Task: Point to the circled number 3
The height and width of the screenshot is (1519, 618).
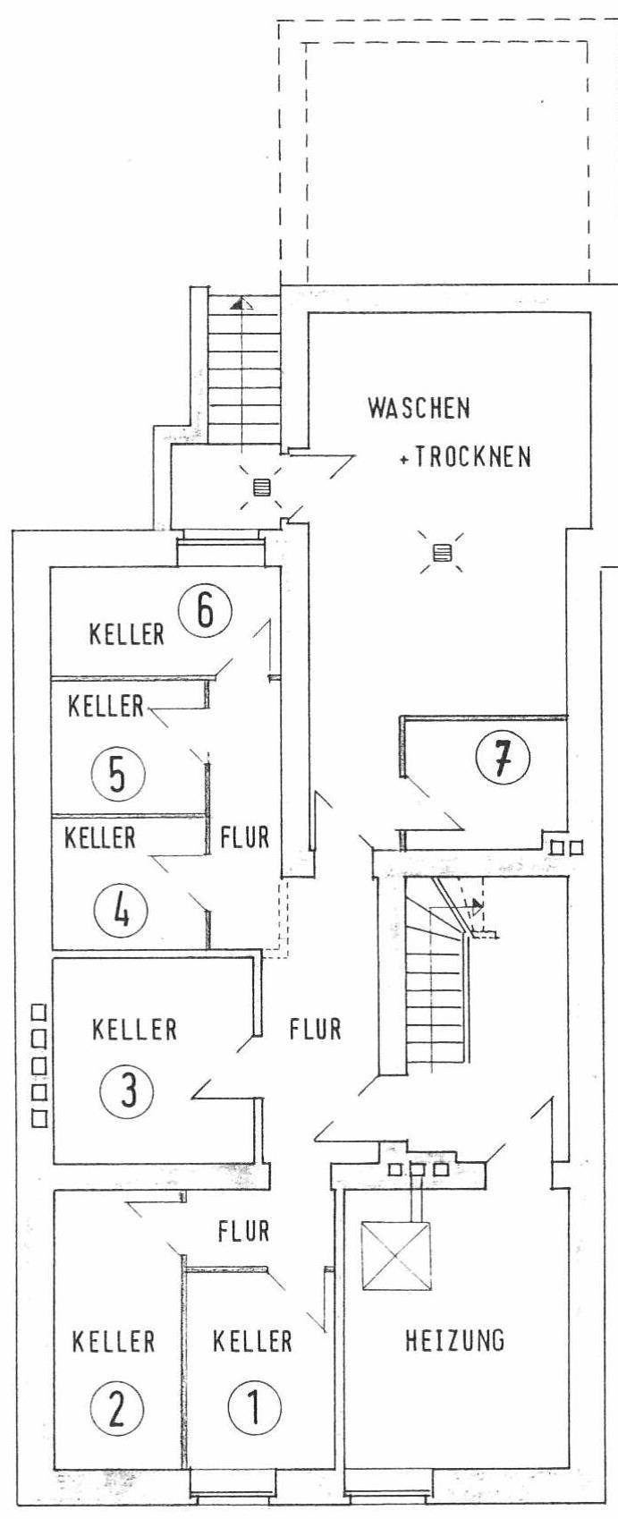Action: point(127,1089)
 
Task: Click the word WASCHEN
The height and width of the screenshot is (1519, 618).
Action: point(419,408)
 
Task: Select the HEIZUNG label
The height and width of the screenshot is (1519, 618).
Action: point(454,1339)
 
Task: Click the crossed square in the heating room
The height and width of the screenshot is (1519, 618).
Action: point(395,1255)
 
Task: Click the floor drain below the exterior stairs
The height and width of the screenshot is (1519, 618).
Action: point(261,488)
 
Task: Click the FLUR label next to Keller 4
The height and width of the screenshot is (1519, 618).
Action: point(244,837)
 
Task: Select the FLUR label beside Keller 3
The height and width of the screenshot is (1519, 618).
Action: point(315,1029)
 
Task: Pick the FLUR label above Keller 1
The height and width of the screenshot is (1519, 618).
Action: point(243,1231)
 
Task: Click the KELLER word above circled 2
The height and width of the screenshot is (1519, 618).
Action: point(114,1341)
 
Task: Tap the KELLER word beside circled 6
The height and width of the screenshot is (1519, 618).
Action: point(126,634)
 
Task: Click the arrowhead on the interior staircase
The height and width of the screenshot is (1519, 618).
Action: point(477,904)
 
